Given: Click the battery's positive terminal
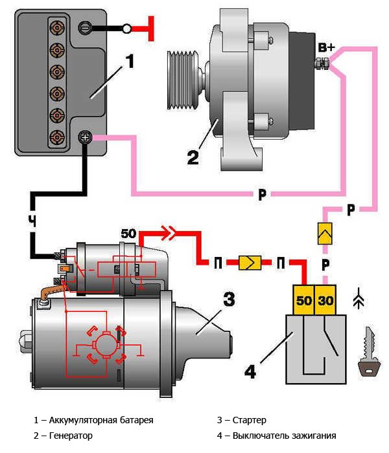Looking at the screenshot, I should pos(85,137).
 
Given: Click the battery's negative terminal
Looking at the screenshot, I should pos(85,28).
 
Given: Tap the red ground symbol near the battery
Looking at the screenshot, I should pos(151,28).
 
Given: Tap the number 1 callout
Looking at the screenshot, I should pos(130,62).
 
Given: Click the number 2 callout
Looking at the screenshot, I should pos(193,157).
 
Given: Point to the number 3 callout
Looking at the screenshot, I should pos(228,300).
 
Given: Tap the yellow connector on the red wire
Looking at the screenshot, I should pos(249,262).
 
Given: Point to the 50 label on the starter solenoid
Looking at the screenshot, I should pos(128,233).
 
